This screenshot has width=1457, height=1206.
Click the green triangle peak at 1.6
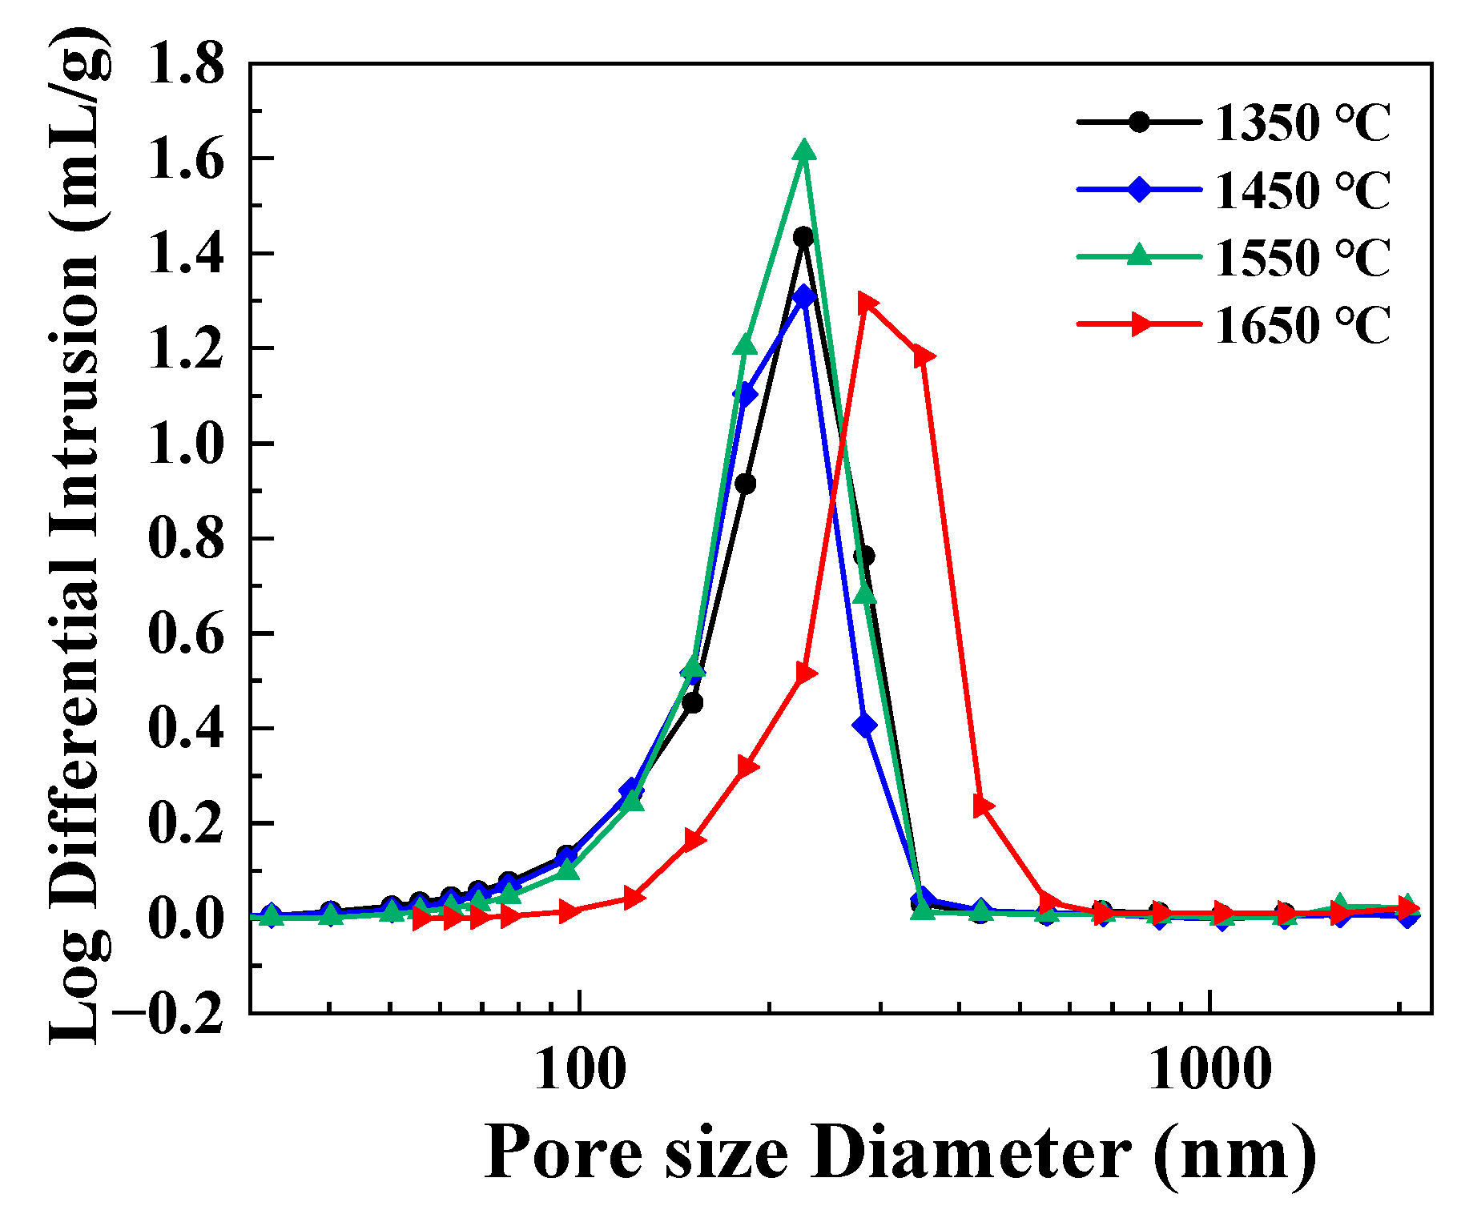coord(804,151)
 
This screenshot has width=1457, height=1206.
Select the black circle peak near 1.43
coord(803,237)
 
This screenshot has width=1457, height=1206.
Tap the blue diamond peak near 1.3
coord(803,297)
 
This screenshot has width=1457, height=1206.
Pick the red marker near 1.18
coord(924,356)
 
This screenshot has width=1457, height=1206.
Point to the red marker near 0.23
coord(983,806)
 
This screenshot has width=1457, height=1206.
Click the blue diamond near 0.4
coord(864,726)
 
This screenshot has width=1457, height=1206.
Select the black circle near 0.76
coord(864,556)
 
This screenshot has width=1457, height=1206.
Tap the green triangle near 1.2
coord(745,345)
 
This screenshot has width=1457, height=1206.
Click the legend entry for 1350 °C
coord(1302,123)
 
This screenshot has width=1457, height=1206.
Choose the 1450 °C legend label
coord(1302,190)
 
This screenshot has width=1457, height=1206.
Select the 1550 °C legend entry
coord(1302,257)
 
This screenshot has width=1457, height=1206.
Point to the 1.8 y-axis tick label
coord(187,64)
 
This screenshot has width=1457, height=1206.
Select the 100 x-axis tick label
coord(578,1069)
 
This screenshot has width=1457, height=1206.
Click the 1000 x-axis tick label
coord(1209,1069)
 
